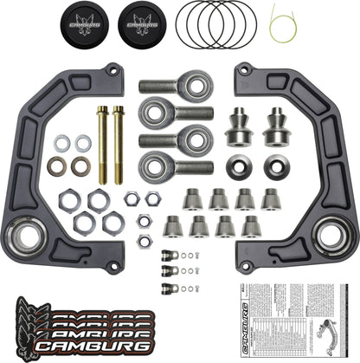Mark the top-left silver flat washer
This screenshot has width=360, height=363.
(62, 142)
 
